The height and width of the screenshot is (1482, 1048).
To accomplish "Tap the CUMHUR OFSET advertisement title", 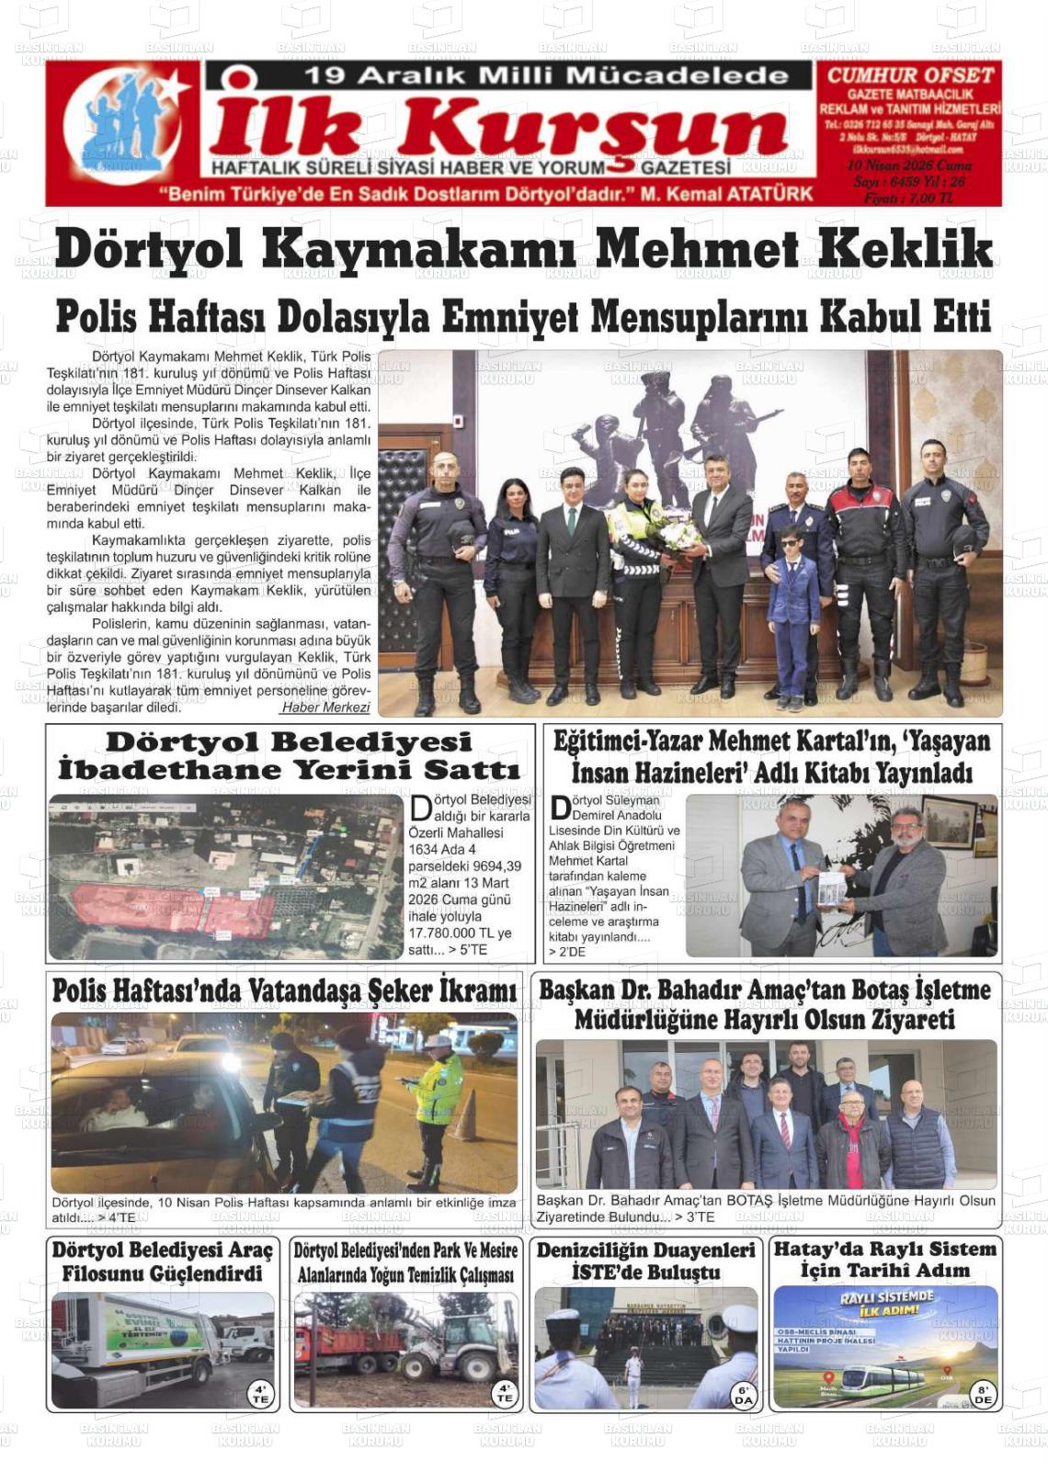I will [909, 75].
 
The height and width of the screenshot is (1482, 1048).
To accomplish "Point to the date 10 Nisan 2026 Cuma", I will [908, 165].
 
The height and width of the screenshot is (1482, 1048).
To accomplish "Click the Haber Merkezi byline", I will [325, 707].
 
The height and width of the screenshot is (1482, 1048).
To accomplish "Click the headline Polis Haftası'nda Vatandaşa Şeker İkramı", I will [284, 991].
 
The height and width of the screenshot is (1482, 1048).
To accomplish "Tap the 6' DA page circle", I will [743, 1395].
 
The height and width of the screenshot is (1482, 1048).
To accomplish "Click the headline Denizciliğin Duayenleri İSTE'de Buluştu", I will [646, 1261].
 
